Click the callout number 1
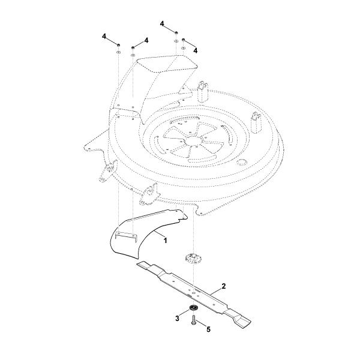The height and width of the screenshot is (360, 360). click(x=165, y=241)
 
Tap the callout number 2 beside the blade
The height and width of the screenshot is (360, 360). click(x=224, y=286)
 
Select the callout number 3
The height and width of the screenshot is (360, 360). click(x=177, y=319)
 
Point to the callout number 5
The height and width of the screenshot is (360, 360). click(x=208, y=329)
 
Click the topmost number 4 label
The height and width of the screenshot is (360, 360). click(x=163, y=23)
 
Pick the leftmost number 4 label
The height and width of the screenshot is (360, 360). click(x=104, y=37)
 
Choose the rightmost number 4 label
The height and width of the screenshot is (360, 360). click(x=196, y=50)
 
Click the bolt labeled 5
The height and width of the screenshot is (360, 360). click(x=193, y=320)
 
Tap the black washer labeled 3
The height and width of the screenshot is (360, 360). click(x=193, y=308)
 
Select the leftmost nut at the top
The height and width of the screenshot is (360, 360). click(x=118, y=45)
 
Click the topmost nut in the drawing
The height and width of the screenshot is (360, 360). click(x=176, y=33)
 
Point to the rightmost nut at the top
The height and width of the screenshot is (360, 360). click(x=183, y=40)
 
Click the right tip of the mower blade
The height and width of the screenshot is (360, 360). click(x=250, y=321)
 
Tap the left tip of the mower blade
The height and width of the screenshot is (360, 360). click(x=137, y=264)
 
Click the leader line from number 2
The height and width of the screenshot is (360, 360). click(x=215, y=290)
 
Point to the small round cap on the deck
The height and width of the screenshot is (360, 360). click(x=241, y=162)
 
